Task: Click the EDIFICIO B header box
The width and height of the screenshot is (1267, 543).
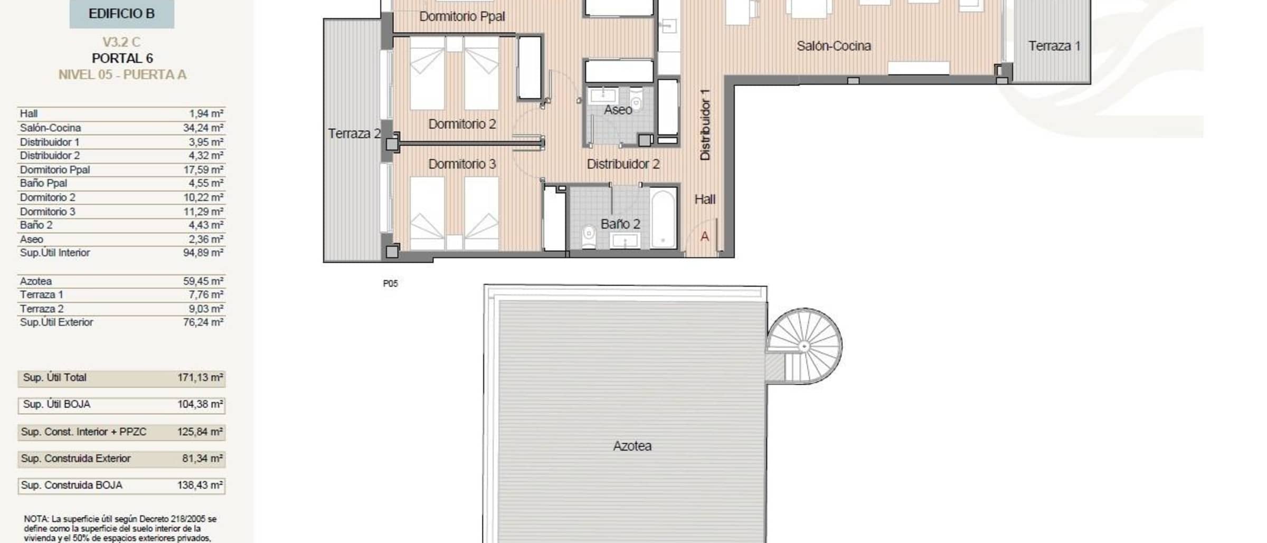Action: coord(121,13)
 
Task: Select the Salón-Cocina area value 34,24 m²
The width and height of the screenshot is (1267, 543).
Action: coord(203,128)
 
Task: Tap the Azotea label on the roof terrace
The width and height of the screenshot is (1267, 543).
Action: coord(632,446)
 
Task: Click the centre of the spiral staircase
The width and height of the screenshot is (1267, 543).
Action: coord(804,346)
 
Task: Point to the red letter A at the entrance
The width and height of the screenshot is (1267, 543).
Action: coord(705,237)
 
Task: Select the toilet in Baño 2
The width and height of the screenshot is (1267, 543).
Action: coord(589,236)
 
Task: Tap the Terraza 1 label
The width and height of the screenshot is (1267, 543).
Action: coord(1054,46)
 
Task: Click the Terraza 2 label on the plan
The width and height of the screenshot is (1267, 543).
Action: coord(354,134)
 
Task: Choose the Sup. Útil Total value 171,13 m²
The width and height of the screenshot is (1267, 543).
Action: coord(200,378)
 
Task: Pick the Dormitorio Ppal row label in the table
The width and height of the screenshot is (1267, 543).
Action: coord(55,169)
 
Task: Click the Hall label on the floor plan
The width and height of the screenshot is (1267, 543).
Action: coord(705,199)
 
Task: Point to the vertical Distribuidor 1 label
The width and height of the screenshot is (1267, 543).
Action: coord(705,125)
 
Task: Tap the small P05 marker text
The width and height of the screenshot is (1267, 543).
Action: coord(390,283)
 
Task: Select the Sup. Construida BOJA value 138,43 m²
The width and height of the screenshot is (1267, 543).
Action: coord(200,485)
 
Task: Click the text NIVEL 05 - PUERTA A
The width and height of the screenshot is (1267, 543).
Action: coord(122,74)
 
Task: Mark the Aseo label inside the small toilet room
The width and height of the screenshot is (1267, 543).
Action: coord(618,110)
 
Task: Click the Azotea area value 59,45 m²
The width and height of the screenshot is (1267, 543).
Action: coord(203,281)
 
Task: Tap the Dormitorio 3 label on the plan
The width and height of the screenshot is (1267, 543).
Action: coord(462,164)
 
